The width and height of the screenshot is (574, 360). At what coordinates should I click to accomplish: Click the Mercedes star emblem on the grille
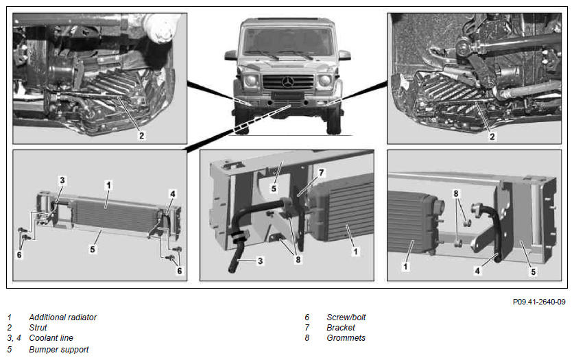288,82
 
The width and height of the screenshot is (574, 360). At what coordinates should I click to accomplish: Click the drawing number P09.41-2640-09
539,302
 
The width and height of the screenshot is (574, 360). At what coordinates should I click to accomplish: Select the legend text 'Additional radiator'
62,317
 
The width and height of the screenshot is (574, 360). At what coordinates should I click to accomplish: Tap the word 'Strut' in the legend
38,328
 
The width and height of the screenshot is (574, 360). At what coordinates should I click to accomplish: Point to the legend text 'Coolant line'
51,337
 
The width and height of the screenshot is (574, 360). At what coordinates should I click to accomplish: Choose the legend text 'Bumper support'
58,350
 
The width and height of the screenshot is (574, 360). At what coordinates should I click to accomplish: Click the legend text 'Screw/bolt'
346,317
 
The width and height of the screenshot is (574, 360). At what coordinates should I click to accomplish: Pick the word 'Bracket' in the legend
341,328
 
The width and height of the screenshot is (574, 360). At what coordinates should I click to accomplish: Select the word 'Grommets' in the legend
346,337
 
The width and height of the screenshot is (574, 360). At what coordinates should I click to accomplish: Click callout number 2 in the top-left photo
142,136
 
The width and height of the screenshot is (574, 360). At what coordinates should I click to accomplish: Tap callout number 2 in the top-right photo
492,136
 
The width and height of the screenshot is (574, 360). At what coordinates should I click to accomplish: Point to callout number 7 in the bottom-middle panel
321,172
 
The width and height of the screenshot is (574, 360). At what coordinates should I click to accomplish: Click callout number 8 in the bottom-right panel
456,193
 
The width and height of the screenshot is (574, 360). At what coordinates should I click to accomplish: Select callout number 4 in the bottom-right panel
477,271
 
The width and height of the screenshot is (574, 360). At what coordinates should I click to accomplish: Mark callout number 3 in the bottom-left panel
62,180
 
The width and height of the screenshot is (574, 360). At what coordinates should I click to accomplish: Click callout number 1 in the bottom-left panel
108,185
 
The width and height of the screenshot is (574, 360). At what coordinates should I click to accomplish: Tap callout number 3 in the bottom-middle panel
261,261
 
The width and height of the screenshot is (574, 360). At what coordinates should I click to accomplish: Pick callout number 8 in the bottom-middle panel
298,259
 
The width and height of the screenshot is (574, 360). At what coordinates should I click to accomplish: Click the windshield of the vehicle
288,41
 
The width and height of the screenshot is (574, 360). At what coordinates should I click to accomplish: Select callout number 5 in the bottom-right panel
534,272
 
